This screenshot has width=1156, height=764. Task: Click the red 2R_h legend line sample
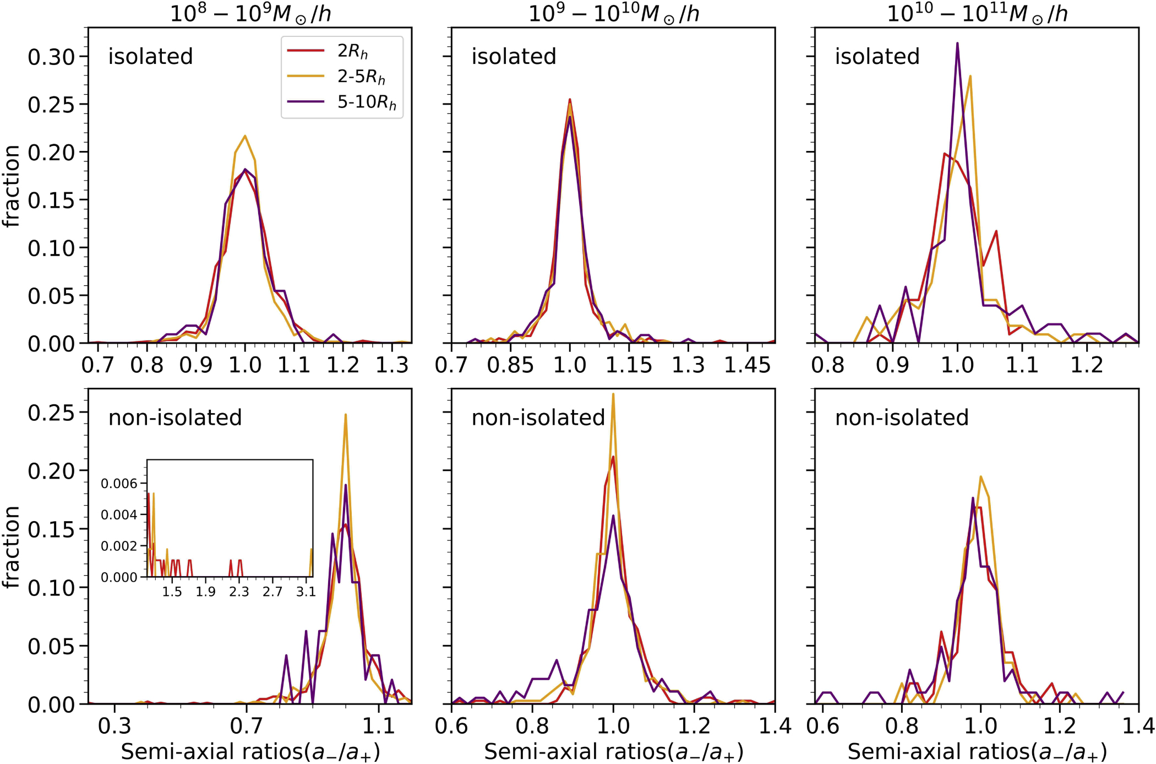306,51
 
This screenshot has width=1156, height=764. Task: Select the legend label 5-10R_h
367,102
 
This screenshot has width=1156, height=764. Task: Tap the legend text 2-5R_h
361,77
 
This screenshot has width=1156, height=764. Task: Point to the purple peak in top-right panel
957,44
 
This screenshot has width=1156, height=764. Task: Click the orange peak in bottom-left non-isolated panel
345,415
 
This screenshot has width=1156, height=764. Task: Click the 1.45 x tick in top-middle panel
747,365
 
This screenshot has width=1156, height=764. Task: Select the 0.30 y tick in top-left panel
51,57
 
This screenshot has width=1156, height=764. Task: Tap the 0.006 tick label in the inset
119,484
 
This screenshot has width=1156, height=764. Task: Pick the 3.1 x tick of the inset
306,592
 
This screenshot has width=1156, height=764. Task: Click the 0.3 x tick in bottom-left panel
114,726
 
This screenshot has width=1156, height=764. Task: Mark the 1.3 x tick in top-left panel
392,365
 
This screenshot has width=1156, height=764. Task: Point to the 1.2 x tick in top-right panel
1087,365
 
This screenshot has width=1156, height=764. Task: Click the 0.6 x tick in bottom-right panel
822,726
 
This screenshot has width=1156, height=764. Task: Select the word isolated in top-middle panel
514,57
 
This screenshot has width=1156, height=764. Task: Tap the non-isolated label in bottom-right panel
901,418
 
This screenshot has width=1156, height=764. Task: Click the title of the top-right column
977,13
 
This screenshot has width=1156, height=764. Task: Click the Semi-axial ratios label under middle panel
613,751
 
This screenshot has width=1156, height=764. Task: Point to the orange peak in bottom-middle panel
613,394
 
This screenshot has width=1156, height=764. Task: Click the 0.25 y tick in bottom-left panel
51,412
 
